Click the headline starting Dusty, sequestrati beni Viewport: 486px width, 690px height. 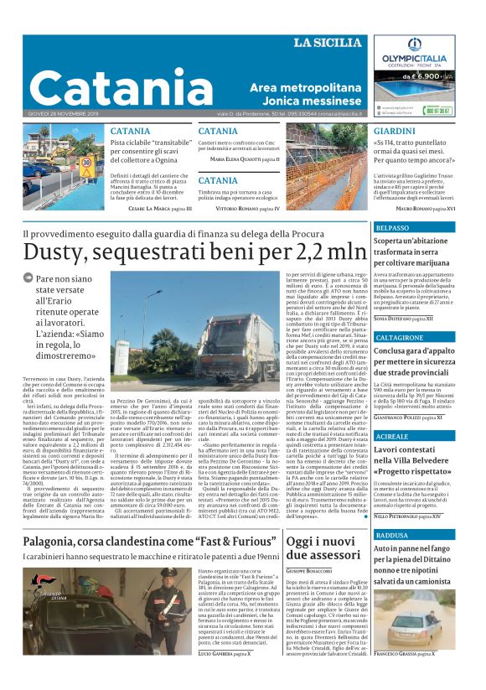point(194,251)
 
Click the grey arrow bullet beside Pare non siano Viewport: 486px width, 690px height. point(28,278)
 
